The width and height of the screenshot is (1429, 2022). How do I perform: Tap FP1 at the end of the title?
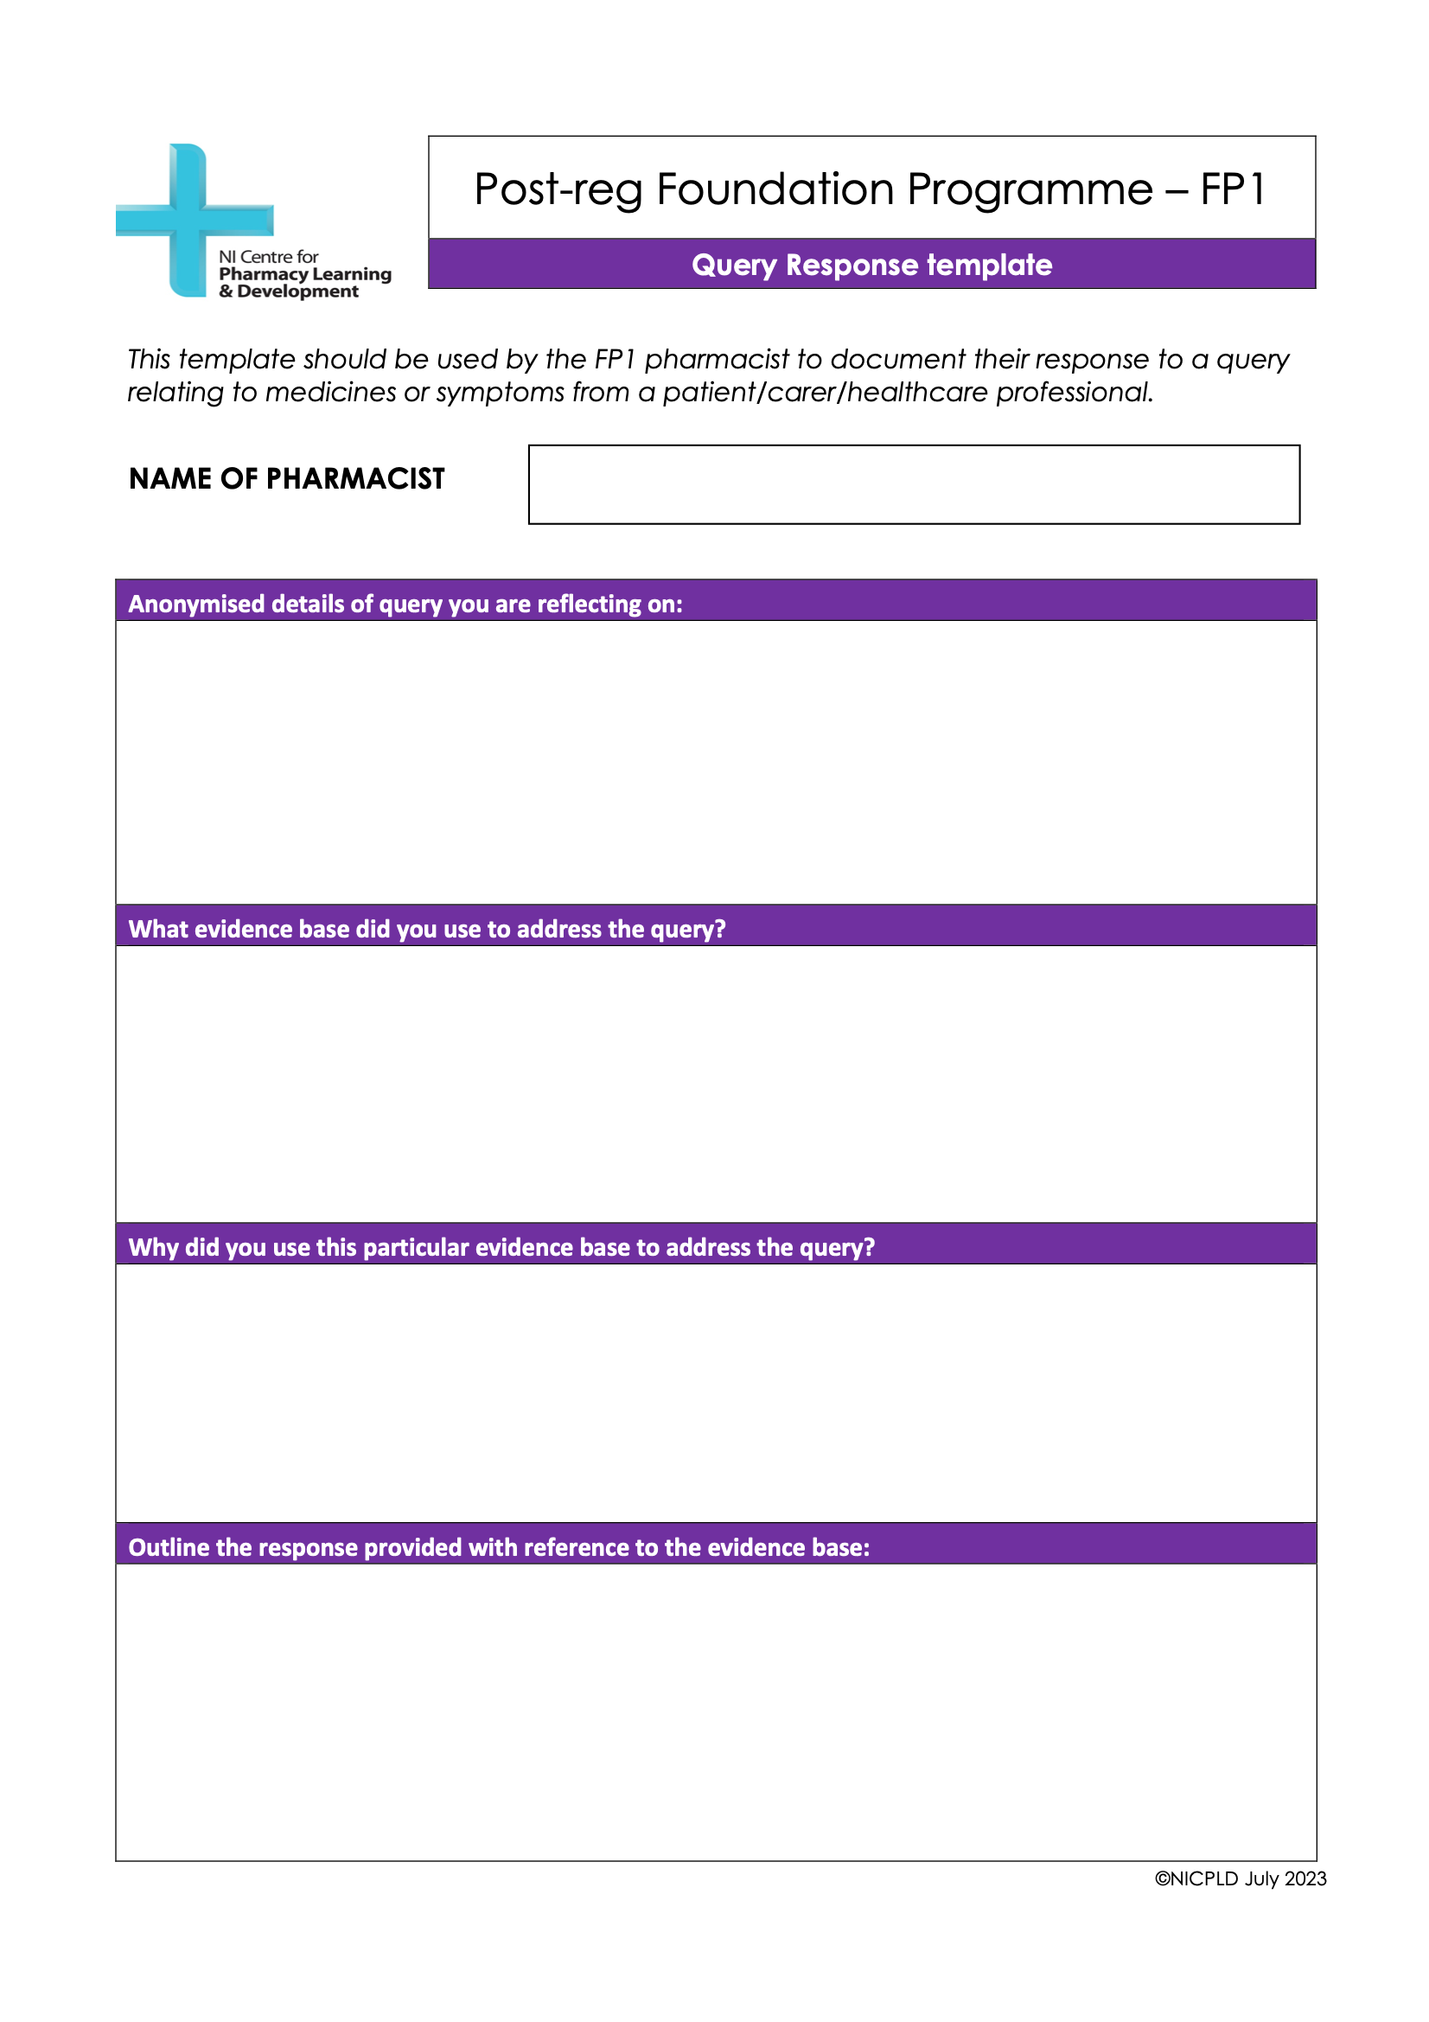(x=1233, y=189)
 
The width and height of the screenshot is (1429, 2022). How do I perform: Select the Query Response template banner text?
(x=871, y=266)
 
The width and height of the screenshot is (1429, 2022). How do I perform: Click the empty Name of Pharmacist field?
(x=913, y=484)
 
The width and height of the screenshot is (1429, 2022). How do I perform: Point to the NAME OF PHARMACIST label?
(x=287, y=478)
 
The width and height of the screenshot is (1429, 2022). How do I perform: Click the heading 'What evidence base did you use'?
(x=427, y=929)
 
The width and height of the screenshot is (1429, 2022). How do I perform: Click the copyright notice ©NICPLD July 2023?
(x=1240, y=1878)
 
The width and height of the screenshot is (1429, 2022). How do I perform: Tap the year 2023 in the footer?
(x=1305, y=1878)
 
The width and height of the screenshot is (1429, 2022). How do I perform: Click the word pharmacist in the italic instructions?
(x=717, y=359)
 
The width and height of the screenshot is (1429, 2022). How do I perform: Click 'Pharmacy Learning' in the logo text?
(x=304, y=274)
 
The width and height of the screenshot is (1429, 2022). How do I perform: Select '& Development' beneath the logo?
(x=289, y=291)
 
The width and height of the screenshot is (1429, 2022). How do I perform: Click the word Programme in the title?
(x=1030, y=189)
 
